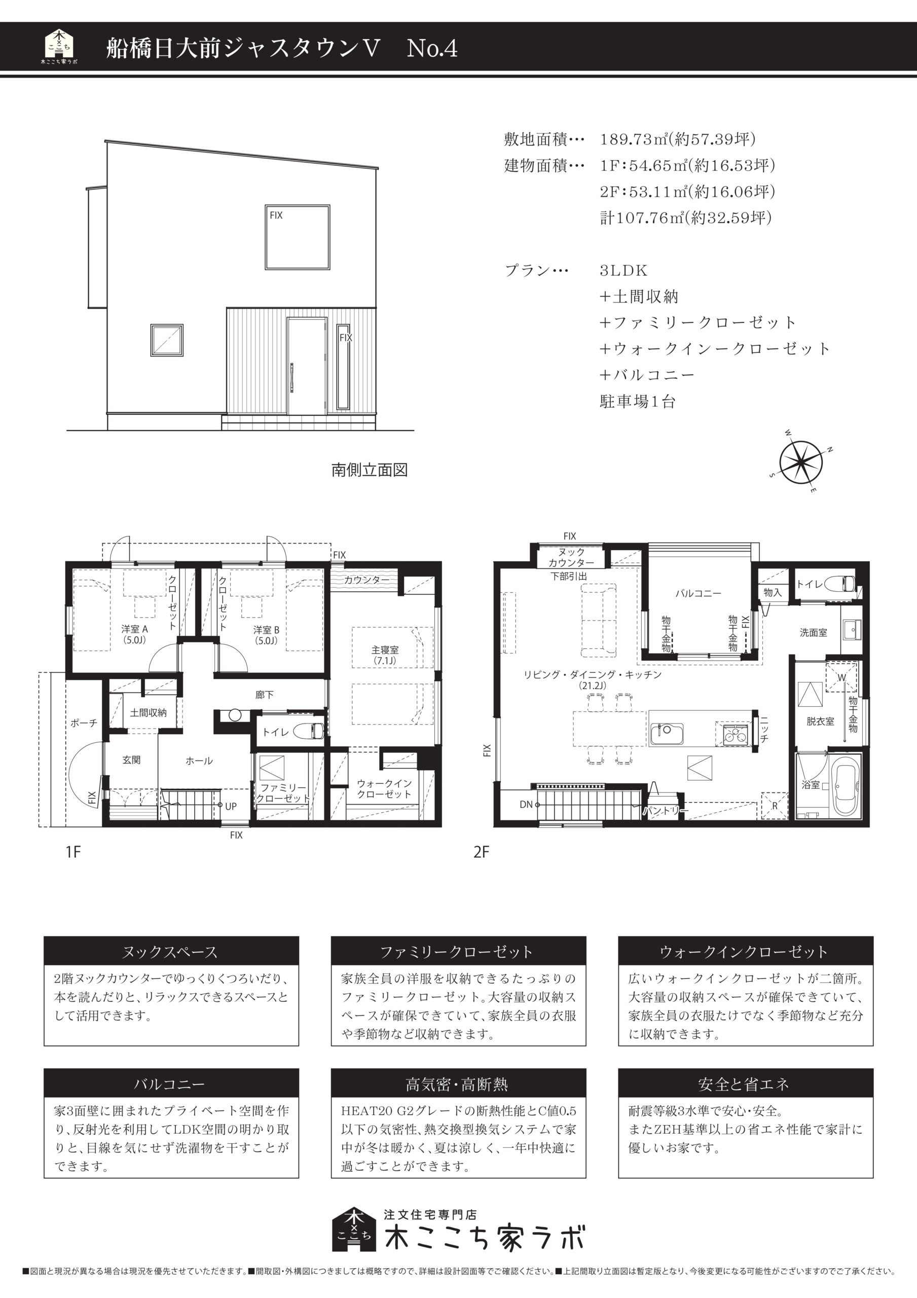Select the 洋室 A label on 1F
click(x=134, y=629)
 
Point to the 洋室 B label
click(x=266, y=629)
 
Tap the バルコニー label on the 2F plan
click(x=698, y=593)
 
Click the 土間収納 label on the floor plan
click(x=148, y=712)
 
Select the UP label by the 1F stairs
click(x=231, y=806)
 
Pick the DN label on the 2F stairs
click(x=526, y=804)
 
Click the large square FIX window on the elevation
click(x=298, y=236)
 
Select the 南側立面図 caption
click(x=370, y=470)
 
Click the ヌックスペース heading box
click(x=171, y=952)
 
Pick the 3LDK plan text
click(x=623, y=270)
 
